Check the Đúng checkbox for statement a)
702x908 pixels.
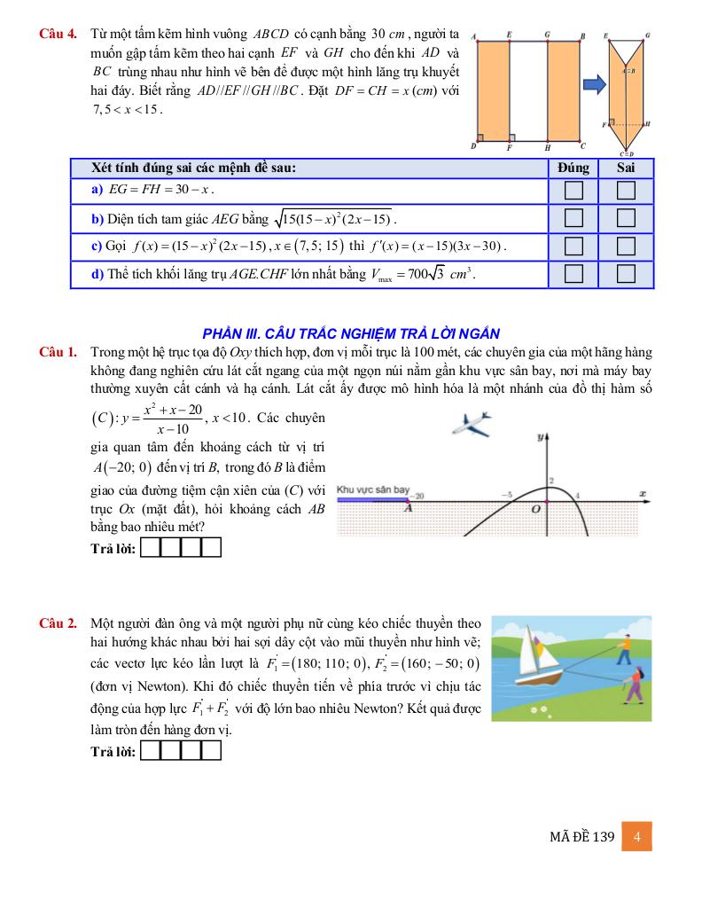573,191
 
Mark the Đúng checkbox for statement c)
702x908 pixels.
573,246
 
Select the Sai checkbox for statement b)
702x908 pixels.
626,218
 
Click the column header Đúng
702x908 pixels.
573,168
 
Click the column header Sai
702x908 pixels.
626,168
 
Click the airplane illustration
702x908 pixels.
472,423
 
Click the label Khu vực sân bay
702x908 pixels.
372,489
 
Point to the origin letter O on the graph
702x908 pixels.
534,510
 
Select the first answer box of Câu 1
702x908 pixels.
150,548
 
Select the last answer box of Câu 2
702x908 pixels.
211,751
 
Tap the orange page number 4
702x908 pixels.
636,836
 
